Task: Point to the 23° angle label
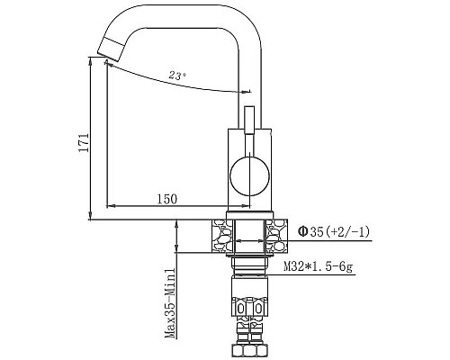click(x=176, y=76)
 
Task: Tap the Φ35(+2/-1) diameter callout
click(x=333, y=232)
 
